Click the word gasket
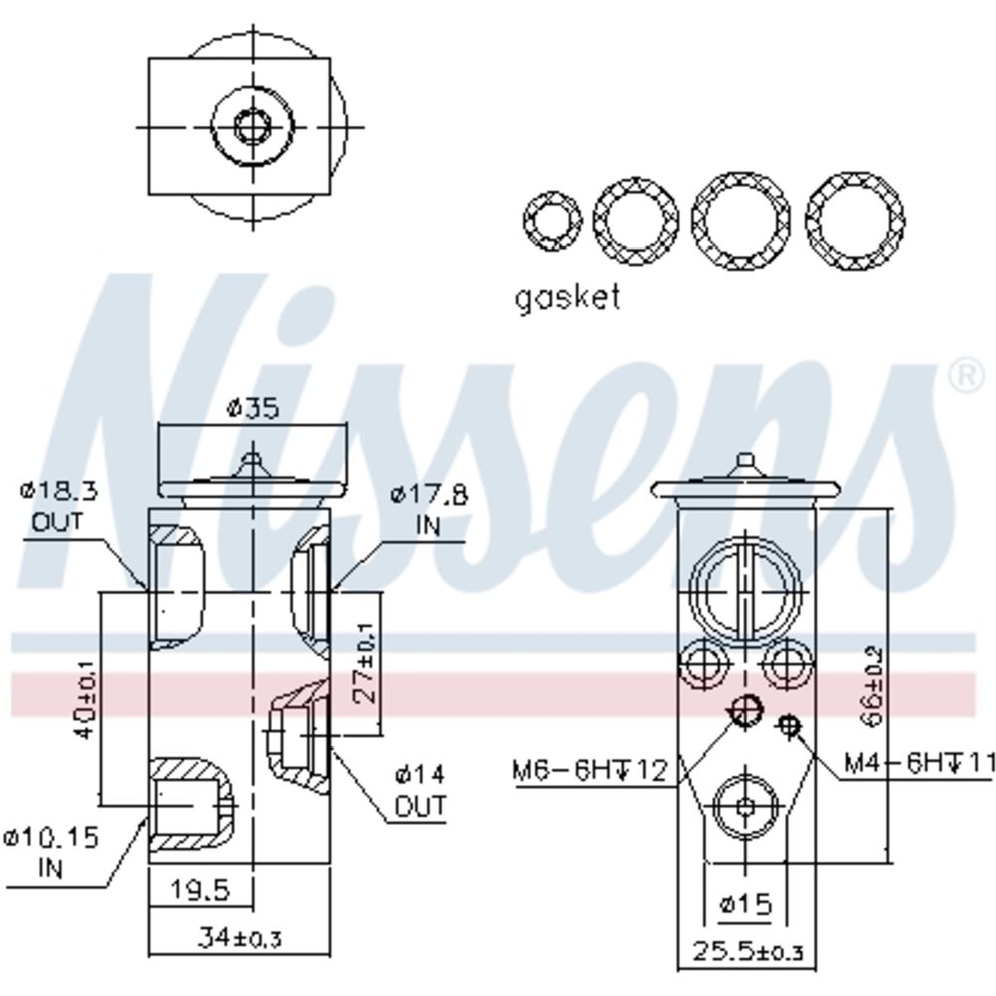[x=568, y=297]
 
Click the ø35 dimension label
[x=253, y=407]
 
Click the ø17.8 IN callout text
[x=428, y=509]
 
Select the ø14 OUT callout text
[x=420, y=790]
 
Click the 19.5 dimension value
[x=199, y=889]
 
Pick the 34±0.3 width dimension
[x=239, y=937]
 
